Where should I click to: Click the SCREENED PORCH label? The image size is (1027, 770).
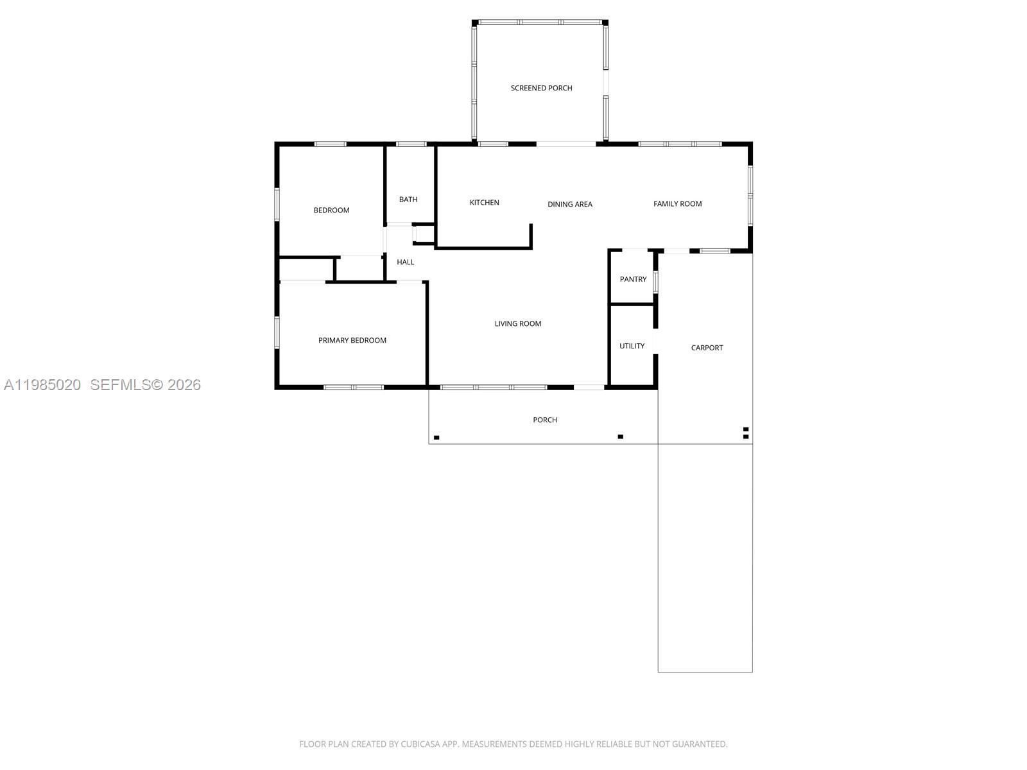coord(541,88)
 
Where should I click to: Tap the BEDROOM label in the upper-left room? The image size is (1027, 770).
coord(331,210)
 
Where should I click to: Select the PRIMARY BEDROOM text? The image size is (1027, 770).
coord(352,340)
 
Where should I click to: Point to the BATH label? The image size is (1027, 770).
coord(408,200)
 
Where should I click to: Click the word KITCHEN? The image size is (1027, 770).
coord(484,203)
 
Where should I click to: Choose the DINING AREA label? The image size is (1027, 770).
coord(569,205)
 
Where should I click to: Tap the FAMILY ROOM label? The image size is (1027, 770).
coord(677,204)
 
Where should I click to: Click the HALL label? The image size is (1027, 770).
coord(405,262)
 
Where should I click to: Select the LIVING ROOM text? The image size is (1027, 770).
coord(517,323)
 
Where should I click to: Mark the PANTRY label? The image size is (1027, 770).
coord(633,279)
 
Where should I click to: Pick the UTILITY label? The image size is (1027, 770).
coord(632,346)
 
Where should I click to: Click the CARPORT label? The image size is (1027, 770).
coord(707,348)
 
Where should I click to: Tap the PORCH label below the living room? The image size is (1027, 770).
coord(544,420)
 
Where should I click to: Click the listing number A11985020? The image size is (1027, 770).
coord(42,384)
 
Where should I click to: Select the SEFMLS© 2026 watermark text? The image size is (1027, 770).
coord(145,384)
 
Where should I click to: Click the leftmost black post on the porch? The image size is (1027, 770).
coord(436,438)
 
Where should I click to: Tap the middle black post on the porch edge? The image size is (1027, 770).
coord(620,437)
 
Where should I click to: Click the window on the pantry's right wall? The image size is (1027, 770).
coord(655,282)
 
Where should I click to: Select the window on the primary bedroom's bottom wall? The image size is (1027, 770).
coord(353,388)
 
